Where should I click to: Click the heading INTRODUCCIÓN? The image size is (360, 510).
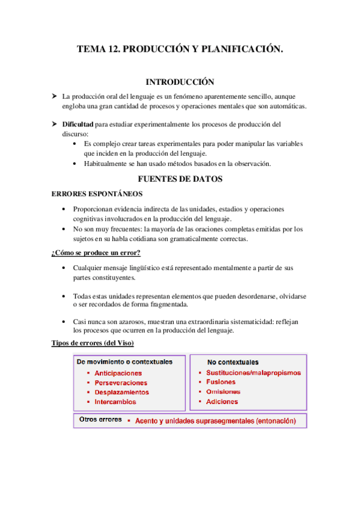(180, 82)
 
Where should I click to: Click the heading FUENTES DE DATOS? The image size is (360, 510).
(180, 179)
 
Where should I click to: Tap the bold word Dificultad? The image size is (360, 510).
(78, 124)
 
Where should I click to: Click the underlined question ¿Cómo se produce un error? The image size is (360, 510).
(96, 253)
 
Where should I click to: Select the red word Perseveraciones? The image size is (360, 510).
(121, 382)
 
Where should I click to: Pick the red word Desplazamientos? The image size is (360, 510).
(121, 392)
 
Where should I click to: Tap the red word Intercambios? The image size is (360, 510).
(115, 402)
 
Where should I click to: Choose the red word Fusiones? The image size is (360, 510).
(221, 382)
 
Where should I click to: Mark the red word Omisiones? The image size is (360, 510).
(222, 392)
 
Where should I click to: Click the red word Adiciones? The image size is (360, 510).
(222, 401)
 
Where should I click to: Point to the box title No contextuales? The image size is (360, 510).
(233, 363)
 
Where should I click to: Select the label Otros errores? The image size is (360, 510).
(101, 419)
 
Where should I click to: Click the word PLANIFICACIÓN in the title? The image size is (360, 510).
(244, 51)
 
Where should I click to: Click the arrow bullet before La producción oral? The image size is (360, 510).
(54, 96)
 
